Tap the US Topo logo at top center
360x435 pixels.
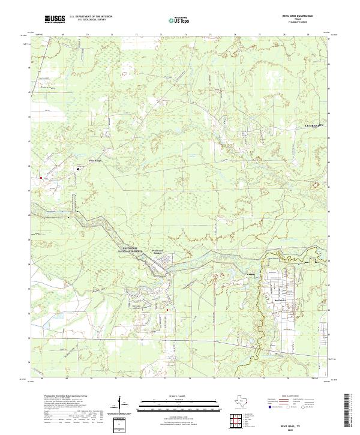pyautogui.click(x=175, y=19)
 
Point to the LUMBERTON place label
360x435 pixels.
pyautogui.click(x=313, y=125)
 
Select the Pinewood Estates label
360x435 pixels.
pyautogui.click(x=157, y=252)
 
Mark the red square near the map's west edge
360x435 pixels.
pyautogui.click(x=40, y=178)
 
